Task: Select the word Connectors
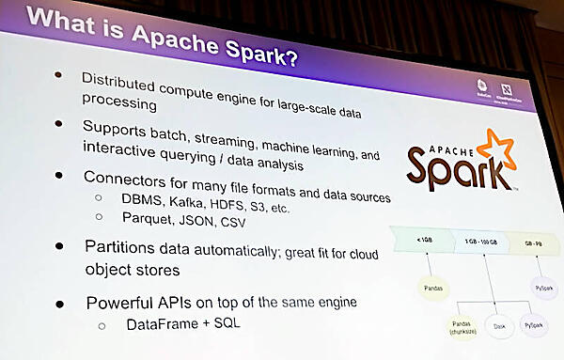(125, 176)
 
